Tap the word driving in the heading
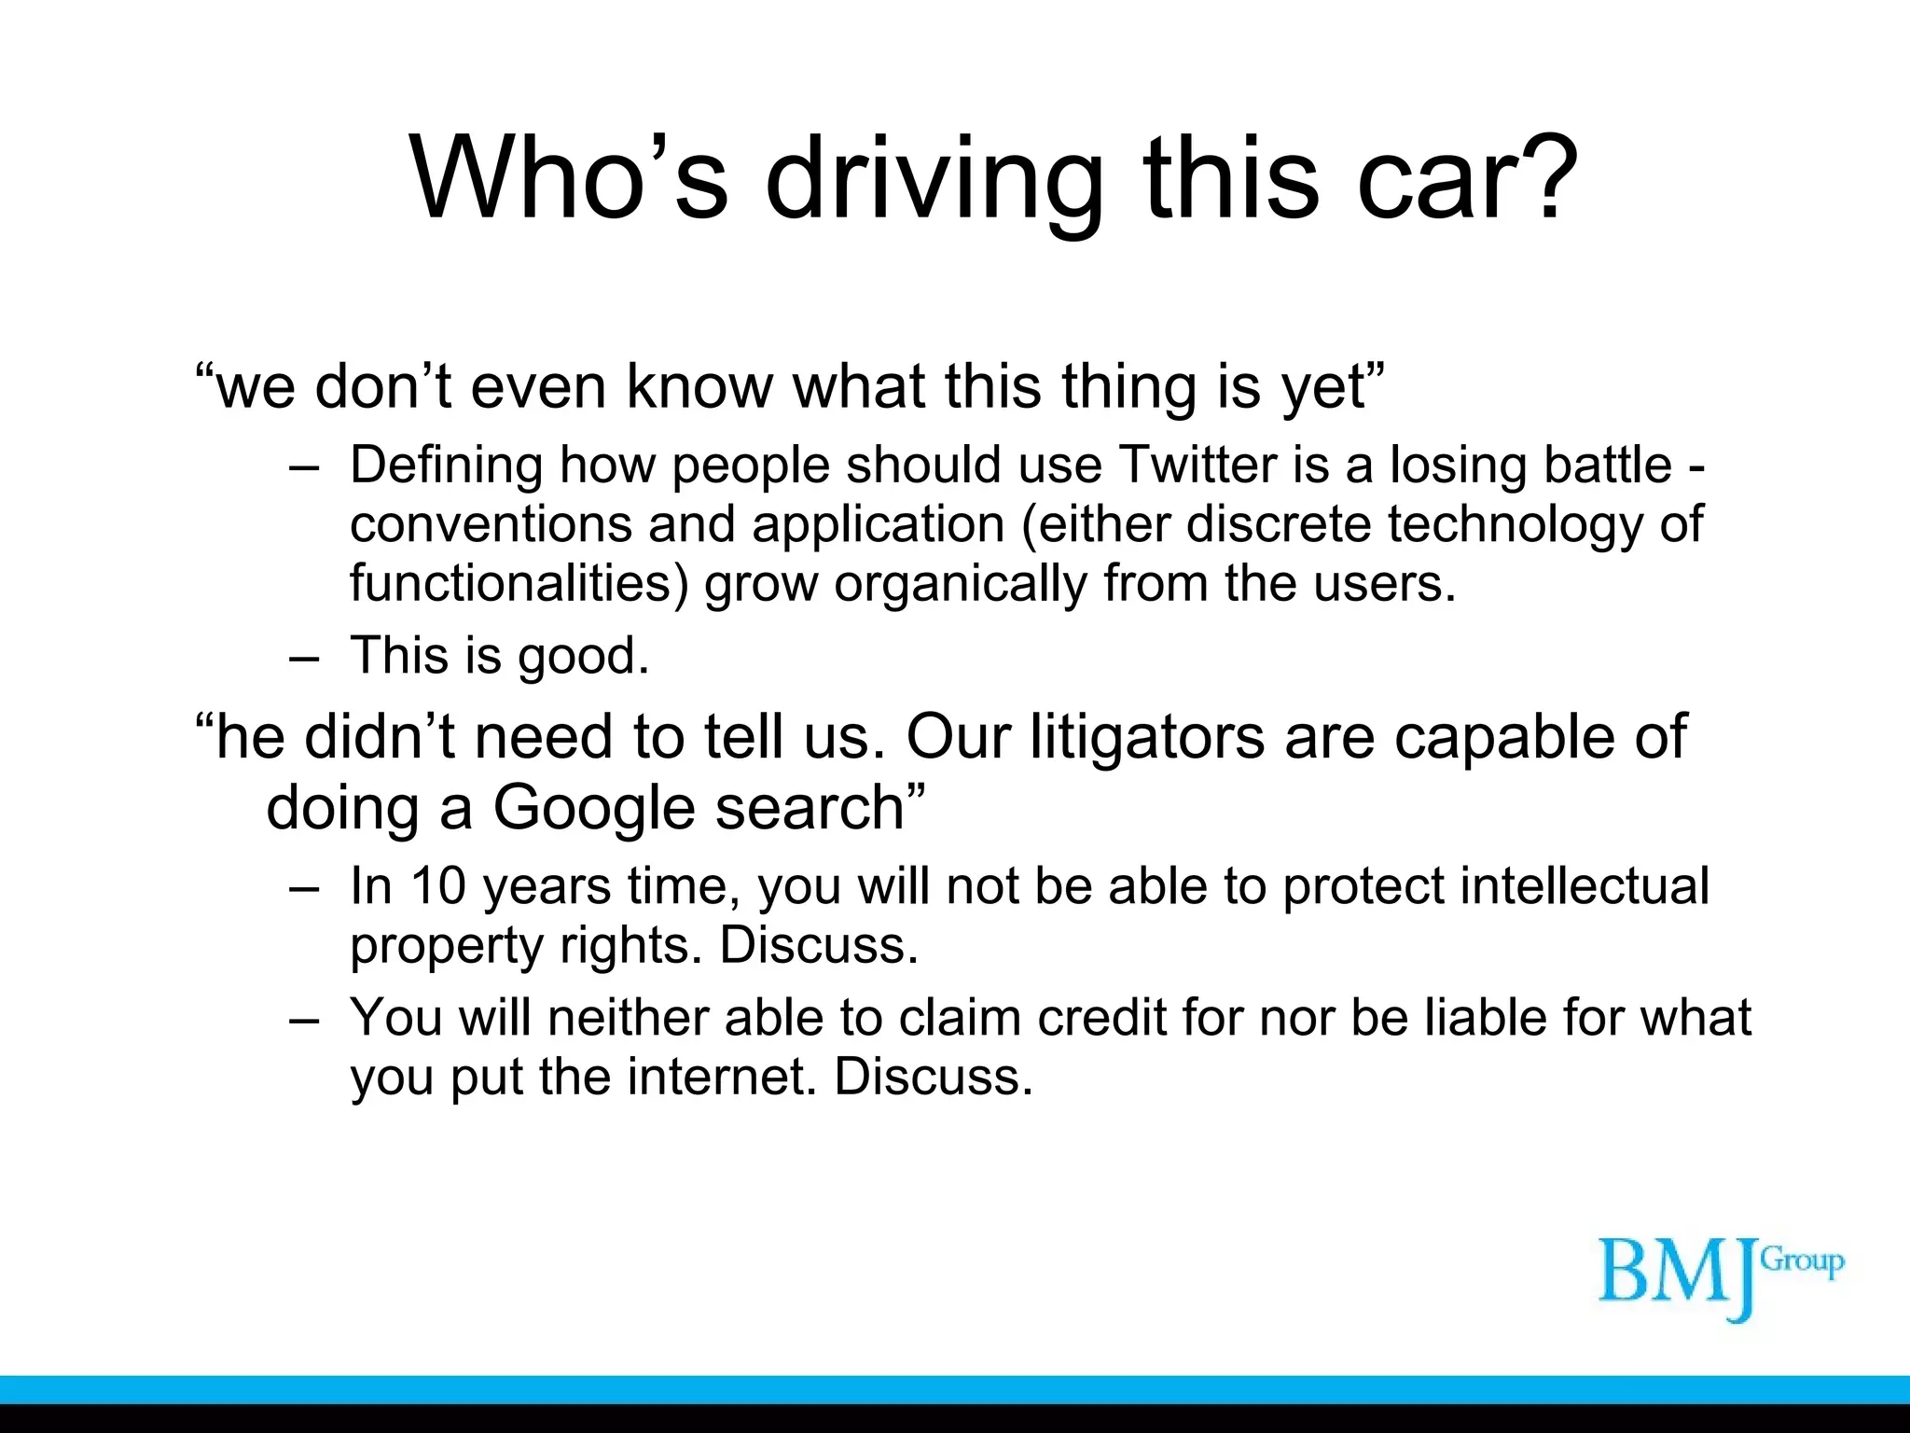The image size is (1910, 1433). (934, 179)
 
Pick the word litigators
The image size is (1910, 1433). (1148, 736)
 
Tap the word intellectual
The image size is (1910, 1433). (1585, 885)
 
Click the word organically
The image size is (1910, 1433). (960, 585)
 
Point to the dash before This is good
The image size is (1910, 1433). (304, 656)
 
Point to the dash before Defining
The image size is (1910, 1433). (304, 466)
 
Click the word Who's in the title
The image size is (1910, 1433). (569, 179)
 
